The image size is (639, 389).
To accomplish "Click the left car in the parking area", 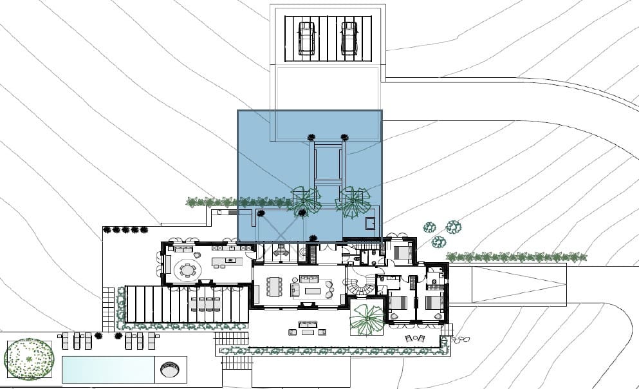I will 306,38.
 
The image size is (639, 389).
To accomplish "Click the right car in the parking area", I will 349,38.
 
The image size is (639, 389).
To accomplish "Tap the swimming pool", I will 108,370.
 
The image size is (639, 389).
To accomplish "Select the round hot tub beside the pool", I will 169,370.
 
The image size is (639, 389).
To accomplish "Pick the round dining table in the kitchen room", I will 187,270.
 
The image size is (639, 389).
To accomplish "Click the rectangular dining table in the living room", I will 275,286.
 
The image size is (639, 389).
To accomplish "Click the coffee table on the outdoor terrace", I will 306,332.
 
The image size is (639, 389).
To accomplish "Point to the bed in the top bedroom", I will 403,252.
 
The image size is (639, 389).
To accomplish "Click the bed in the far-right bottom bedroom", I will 434,302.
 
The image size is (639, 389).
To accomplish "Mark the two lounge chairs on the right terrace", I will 416,338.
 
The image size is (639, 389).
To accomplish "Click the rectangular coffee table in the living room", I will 313,291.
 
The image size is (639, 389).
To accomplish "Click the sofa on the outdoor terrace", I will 306,322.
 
